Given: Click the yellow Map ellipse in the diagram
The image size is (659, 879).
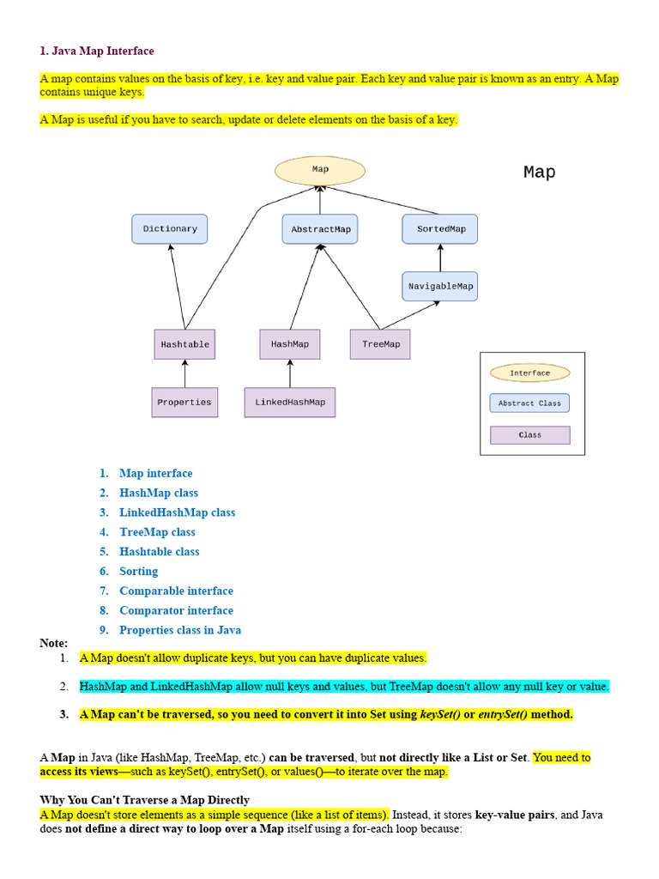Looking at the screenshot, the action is [320, 171].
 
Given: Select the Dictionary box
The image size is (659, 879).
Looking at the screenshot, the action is [170, 228].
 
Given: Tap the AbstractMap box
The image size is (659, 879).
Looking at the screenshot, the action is [320, 228].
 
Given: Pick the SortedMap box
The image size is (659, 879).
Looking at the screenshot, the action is [440, 228].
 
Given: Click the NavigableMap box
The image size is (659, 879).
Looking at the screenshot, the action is [440, 287].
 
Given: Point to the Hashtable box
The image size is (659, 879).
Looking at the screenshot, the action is [185, 344].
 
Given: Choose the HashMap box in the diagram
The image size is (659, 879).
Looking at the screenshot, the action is [290, 344].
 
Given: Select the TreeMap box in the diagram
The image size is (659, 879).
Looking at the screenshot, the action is [380, 344].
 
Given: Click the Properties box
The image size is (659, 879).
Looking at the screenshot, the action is [184, 403].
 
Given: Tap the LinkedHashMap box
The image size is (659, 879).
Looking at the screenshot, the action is [290, 403].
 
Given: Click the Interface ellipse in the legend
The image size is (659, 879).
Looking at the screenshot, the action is [529, 373].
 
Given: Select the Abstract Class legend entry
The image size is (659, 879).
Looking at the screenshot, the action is [529, 403].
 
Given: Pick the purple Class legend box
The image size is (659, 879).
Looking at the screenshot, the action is [530, 435].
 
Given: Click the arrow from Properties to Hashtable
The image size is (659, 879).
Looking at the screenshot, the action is [185, 373].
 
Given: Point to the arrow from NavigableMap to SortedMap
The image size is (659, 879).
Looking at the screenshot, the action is [440, 258].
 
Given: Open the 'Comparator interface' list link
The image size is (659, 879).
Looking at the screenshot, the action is [176, 610].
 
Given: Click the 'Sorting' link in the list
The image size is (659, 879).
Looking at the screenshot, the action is [138, 571].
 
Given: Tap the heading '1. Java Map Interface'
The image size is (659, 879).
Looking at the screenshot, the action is [97, 51].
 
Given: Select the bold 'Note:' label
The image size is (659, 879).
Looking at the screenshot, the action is [54, 643].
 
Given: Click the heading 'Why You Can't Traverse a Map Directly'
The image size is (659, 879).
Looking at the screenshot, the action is [144, 800].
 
